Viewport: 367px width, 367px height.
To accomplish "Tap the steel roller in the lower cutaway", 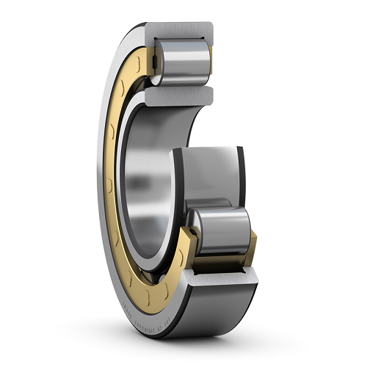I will [x=220, y=230].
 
